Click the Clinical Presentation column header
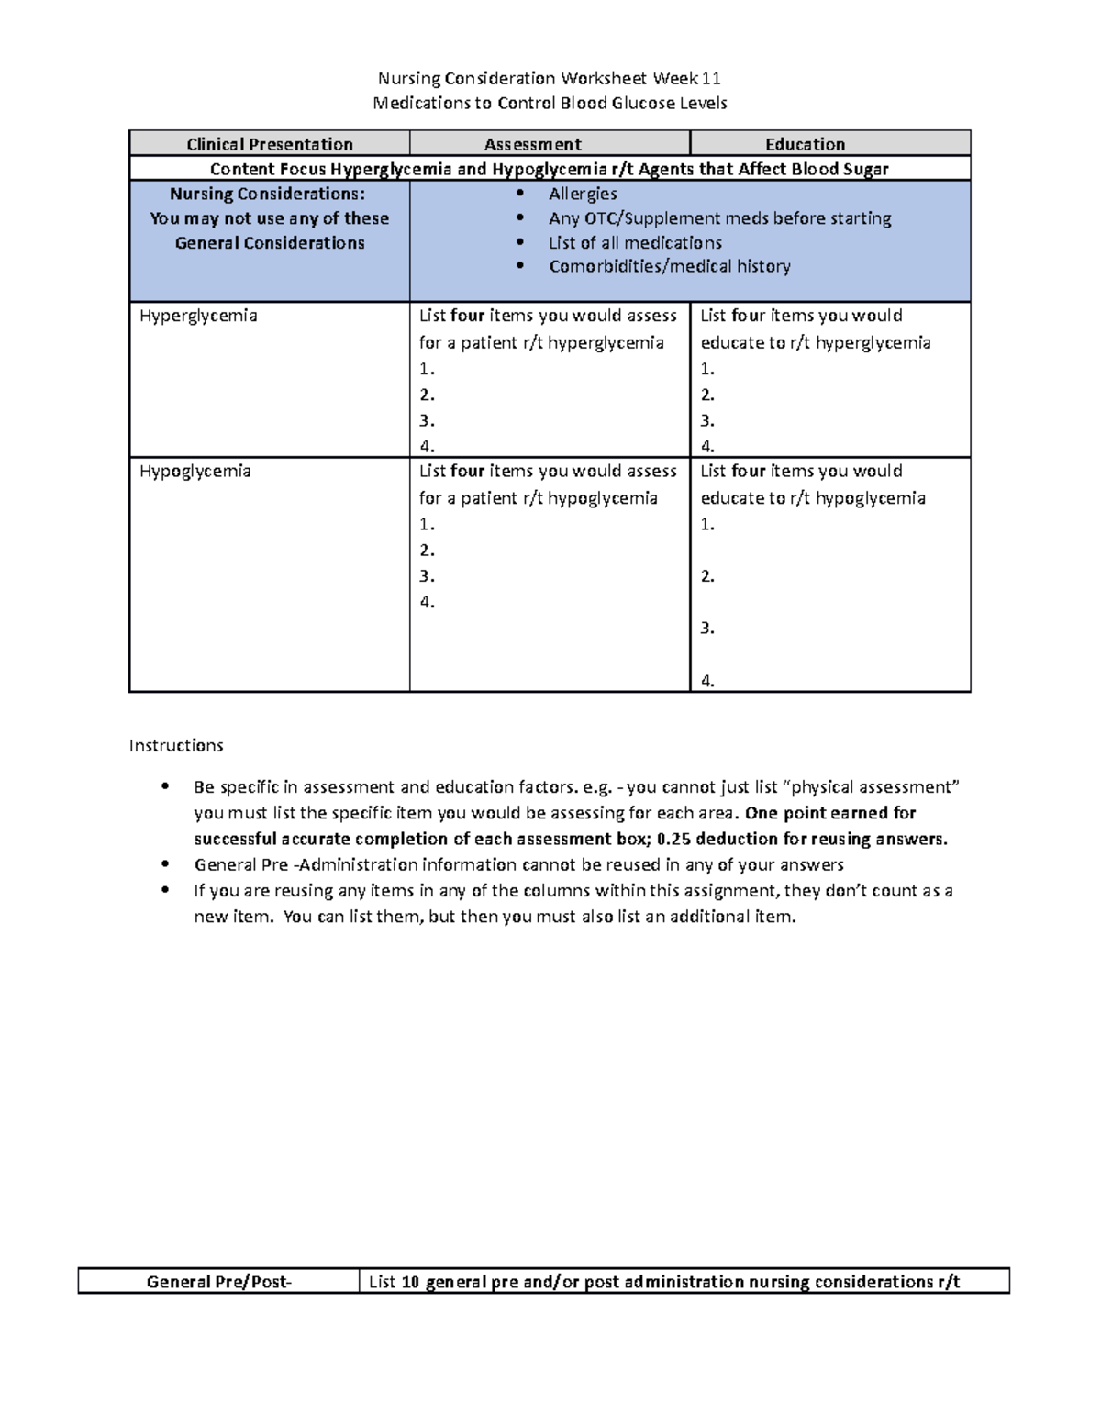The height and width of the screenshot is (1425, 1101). [x=270, y=144]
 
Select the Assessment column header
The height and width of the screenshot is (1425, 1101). [x=532, y=144]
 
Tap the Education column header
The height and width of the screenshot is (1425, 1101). [x=805, y=144]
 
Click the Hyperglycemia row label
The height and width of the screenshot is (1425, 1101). [x=198, y=316]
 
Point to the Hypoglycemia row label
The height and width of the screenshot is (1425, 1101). [x=195, y=471]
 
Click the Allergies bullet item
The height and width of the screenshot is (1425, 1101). [x=583, y=194]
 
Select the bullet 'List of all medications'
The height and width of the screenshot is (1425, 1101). [x=635, y=242]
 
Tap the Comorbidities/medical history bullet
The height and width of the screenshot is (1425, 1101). [x=670, y=266]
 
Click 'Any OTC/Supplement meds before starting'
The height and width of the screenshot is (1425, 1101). [x=719, y=218]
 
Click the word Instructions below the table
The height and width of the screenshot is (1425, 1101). [x=176, y=745]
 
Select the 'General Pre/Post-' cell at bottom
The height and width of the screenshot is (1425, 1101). [x=219, y=1282]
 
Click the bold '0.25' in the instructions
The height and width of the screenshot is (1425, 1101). [x=674, y=839]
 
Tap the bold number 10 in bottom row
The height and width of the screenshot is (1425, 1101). [x=410, y=1282]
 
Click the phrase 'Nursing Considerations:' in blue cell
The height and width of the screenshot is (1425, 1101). [x=267, y=194]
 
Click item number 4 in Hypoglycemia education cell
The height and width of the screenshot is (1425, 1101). [x=707, y=680]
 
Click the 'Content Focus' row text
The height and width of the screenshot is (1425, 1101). [x=549, y=169]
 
